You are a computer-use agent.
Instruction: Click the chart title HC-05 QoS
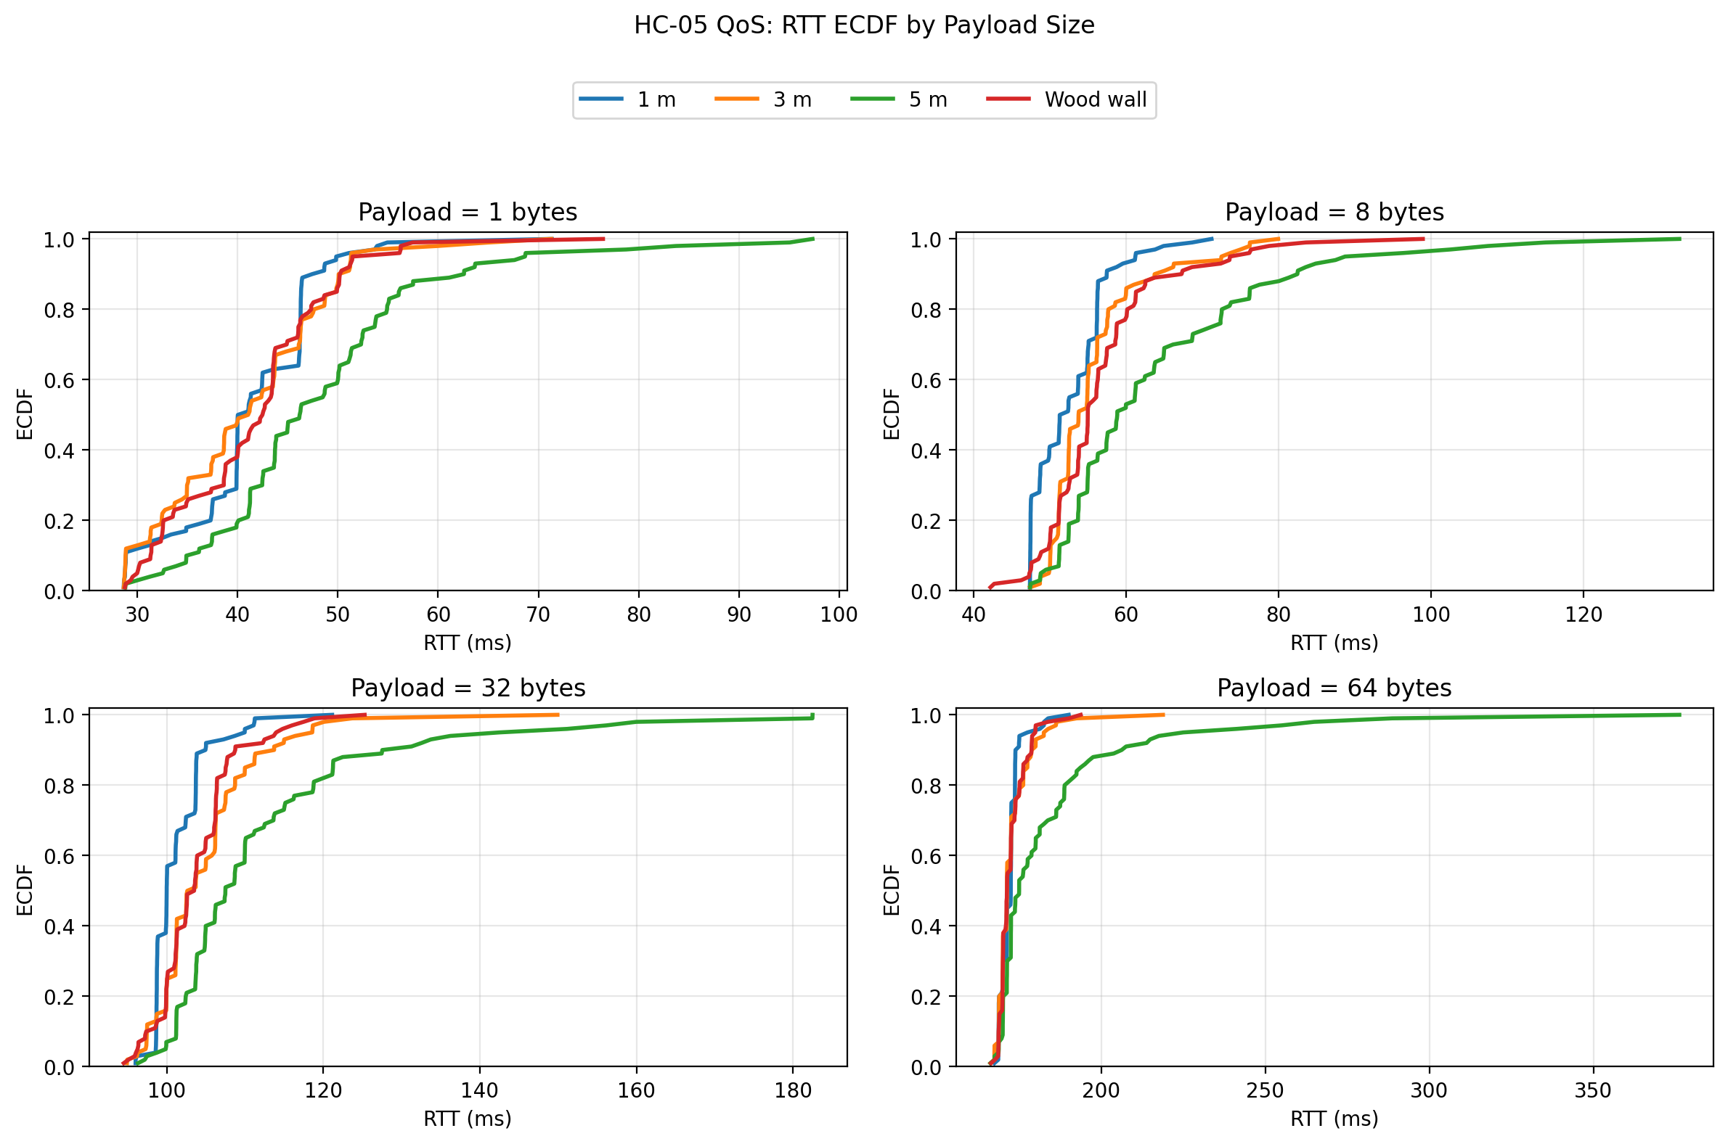coord(863,25)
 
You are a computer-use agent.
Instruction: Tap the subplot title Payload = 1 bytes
coord(468,213)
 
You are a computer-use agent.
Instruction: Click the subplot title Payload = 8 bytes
coord(1334,213)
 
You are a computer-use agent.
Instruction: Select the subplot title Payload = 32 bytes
coord(468,688)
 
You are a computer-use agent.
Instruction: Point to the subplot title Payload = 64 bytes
coord(1334,688)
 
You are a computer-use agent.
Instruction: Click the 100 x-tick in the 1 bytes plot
coord(839,614)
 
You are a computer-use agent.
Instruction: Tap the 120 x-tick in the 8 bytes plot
coord(1584,614)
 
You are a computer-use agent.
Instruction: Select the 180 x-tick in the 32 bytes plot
coord(793,1090)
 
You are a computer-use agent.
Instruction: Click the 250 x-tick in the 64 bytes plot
coord(1266,1090)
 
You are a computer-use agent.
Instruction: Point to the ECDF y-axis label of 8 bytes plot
coord(891,413)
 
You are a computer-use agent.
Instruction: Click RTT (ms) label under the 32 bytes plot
coord(468,1119)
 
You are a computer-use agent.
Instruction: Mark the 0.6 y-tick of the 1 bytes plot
coord(59,380)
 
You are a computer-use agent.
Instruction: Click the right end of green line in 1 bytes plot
coord(812,239)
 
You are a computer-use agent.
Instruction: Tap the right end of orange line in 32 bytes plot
coord(558,715)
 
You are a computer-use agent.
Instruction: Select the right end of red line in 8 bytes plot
coord(1424,239)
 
